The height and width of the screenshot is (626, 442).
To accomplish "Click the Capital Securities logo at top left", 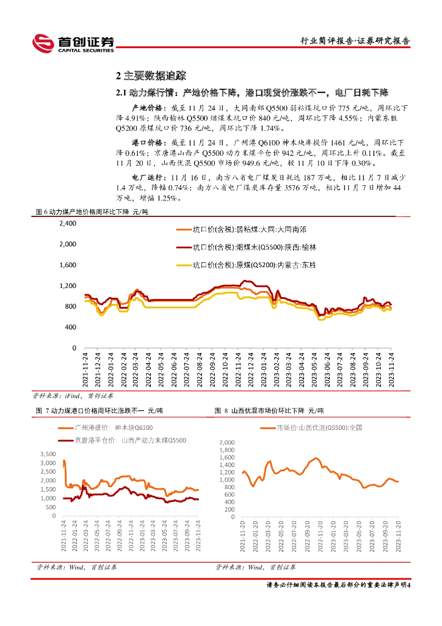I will (x=73, y=43).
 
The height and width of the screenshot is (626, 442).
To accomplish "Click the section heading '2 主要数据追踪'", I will (x=150, y=76).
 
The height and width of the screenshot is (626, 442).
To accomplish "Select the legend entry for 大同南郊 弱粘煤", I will (x=250, y=230).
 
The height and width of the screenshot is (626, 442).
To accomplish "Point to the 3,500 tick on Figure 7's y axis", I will (x=47, y=454).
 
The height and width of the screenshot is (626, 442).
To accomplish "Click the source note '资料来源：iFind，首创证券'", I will (x=61, y=396).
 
